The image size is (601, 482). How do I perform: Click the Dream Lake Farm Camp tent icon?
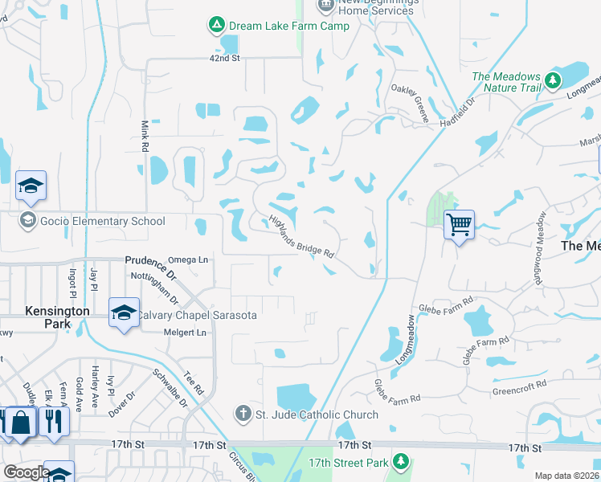[216, 26]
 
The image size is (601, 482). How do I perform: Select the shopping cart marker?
[459, 224]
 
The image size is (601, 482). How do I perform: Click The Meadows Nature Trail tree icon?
[552, 80]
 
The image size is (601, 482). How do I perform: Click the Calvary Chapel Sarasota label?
[197, 316]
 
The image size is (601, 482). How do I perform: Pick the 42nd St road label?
[224, 59]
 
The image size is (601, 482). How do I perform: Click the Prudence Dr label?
[144, 260]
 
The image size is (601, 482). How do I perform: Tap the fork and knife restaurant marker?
[54, 420]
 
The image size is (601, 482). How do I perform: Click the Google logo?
[26, 472]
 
